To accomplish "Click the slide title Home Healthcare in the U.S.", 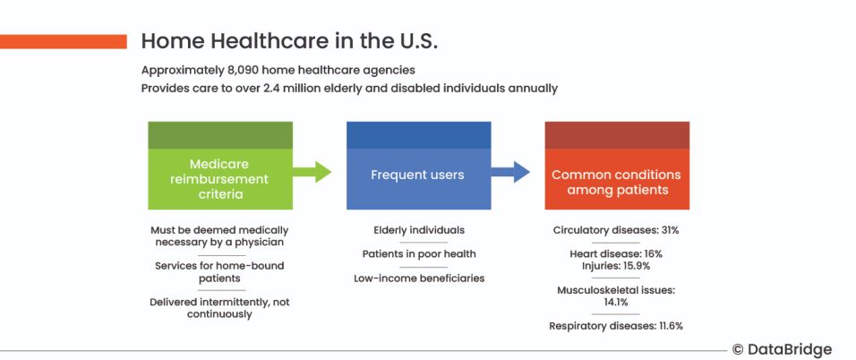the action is pos(289,41).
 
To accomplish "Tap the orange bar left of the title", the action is pos(64,41).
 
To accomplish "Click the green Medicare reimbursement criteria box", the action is pos(220,166).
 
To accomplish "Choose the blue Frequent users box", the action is pos(419,166).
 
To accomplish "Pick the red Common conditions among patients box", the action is pos(617,166).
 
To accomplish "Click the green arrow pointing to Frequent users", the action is pos(312,172).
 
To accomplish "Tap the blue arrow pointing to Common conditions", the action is pos(510,172).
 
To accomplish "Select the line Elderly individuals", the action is pos(419,230).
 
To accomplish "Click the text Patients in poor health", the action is pos(419,254).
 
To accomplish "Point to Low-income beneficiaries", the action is pos(419,278).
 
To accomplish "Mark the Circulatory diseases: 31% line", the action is pos(616,230).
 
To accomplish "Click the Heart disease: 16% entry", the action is pos(616,254).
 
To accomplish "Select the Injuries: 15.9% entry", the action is pos(616,266).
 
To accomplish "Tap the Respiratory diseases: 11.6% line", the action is pos(616,326).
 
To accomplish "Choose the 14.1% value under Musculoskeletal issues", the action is pos(616,302).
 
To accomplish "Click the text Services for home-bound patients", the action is pos(219,272).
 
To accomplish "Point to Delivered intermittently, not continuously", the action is pos(219,308).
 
